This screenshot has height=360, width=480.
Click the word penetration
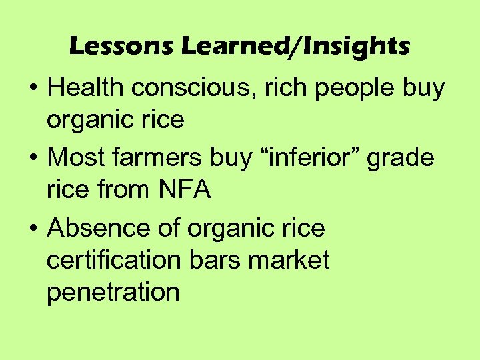coord(113,293)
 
